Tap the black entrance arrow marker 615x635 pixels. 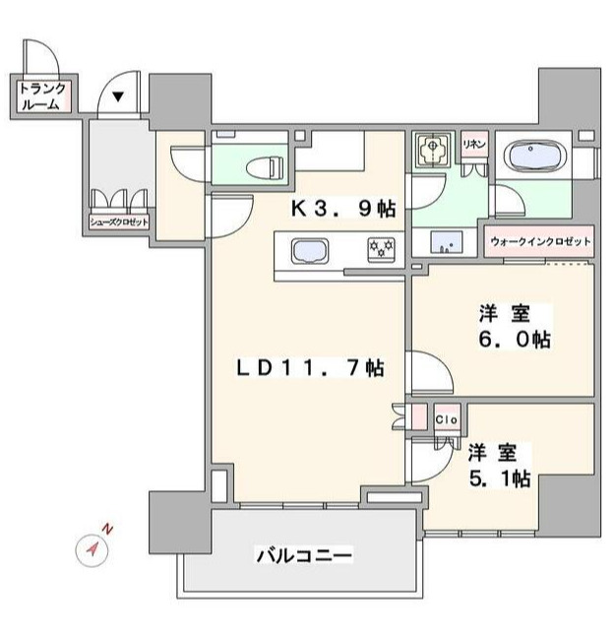coord(117,97)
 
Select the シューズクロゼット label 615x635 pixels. coord(120,222)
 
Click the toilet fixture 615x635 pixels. coord(266,166)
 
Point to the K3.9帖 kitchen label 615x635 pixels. coord(342,209)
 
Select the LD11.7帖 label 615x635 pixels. coord(309,369)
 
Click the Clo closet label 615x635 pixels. coord(444,417)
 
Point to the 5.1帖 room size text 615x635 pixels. coord(499,479)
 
